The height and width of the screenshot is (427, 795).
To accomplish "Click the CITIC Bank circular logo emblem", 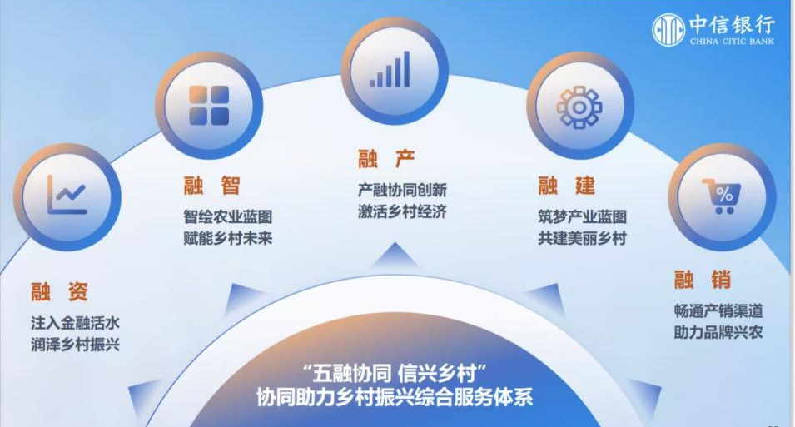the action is [x=668, y=30].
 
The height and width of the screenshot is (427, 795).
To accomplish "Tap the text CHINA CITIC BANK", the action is [x=732, y=41].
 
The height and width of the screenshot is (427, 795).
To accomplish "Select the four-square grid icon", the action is [x=209, y=105].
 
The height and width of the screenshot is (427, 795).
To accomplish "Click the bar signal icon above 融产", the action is [x=390, y=69].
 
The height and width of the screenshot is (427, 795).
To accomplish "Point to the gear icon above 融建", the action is [x=579, y=107].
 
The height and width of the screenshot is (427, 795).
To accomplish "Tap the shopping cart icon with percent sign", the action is [x=722, y=196].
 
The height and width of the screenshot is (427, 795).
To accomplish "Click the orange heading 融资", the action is [x=59, y=291].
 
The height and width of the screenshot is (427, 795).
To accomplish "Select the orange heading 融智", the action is [x=212, y=186].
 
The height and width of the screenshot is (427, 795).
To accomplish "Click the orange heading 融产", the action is [x=386, y=159].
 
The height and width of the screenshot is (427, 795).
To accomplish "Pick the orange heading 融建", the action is [x=566, y=186].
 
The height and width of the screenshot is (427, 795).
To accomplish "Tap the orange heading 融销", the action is [x=703, y=280].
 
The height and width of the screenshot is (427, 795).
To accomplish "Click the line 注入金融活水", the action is [x=75, y=323].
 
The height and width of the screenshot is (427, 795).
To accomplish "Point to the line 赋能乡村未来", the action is [x=227, y=238].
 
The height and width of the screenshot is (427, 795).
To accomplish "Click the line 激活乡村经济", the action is [x=402, y=211].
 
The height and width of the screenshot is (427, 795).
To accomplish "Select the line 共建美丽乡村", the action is [x=582, y=238].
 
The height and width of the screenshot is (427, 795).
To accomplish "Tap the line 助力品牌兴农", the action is [x=718, y=333].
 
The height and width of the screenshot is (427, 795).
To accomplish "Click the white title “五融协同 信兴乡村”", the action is [x=395, y=375].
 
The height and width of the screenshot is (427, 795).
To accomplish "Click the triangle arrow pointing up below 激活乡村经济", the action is [x=395, y=255].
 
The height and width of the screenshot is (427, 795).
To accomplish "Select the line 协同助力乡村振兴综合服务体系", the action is [x=395, y=397].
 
